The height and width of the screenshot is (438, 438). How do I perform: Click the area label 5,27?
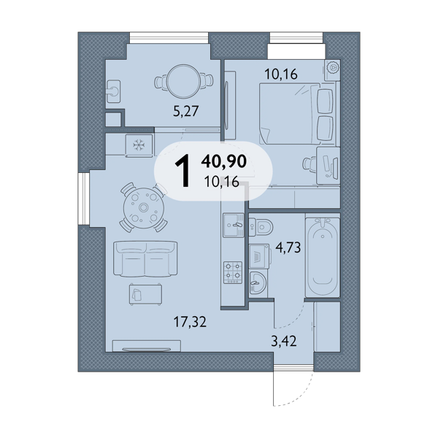point(185,111)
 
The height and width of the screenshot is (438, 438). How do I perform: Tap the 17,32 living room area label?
point(190,321)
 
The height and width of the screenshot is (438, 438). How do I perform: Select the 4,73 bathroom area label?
point(288,247)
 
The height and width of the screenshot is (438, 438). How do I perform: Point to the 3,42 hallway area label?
point(283,341)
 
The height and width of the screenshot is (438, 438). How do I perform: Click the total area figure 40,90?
point(224,161)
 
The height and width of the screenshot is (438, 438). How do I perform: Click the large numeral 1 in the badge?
point(182,171)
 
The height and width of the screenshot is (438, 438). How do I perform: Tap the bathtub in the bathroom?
point(323,257)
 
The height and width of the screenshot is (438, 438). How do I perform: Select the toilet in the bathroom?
point(261,226)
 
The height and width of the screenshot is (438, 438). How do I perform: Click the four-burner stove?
point(233,272)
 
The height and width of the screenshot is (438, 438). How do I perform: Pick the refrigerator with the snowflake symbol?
point(139,145)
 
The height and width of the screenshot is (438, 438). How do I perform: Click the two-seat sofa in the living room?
point(145,258)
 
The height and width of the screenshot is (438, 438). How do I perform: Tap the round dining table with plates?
point(144,207)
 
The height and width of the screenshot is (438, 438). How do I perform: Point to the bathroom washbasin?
point(258,283)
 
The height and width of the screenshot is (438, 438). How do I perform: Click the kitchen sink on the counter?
point(234,225)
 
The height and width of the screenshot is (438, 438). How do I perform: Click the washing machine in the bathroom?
point(259,256)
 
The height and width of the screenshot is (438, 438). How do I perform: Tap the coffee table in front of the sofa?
point(145,294)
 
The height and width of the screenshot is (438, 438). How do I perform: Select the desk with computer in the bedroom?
point(328,166)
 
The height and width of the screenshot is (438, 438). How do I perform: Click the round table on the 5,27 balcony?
point(183,81)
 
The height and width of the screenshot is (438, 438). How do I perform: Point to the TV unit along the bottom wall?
point(147,346)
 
